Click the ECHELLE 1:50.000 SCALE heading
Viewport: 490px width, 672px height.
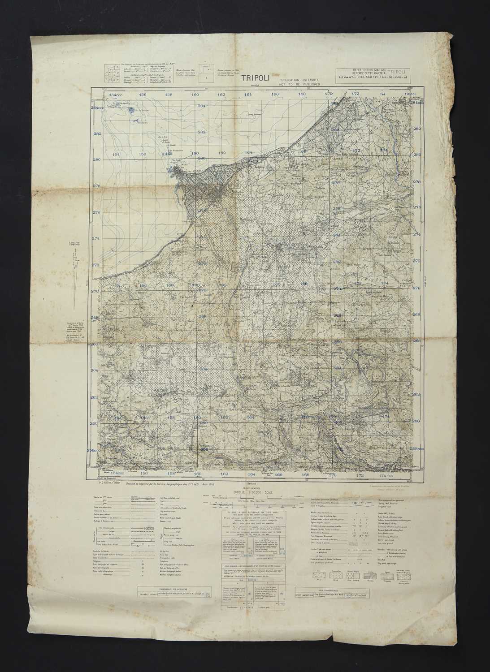245,491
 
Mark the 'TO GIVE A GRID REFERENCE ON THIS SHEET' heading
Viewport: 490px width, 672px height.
249,510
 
